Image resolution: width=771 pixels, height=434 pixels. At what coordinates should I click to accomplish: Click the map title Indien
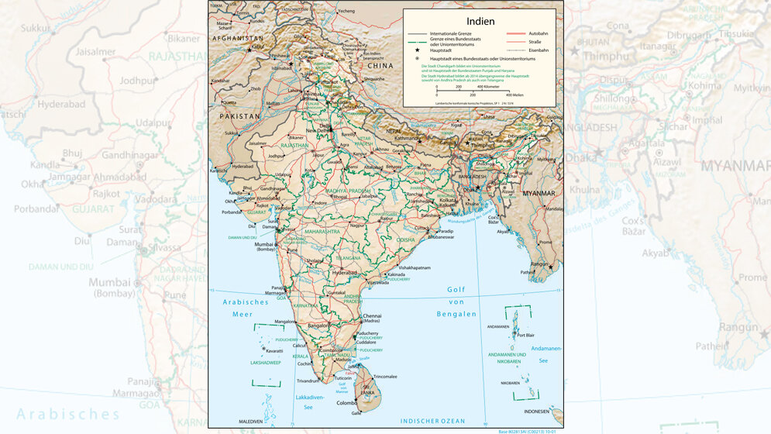point(480,21)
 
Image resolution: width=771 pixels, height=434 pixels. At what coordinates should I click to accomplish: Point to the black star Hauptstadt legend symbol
point(417,50)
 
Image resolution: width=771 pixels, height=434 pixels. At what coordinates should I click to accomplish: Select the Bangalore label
point(318,325)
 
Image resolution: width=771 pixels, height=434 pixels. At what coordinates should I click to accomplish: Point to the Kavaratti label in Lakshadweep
point(275,350)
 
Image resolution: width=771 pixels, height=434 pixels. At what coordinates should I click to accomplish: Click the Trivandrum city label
point(308,381)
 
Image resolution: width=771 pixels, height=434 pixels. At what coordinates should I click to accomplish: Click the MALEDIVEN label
point(250,421)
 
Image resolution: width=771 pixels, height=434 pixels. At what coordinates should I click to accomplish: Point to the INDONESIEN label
point(541,412)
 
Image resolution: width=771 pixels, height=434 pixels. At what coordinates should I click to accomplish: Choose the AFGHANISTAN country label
point(238,38)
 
